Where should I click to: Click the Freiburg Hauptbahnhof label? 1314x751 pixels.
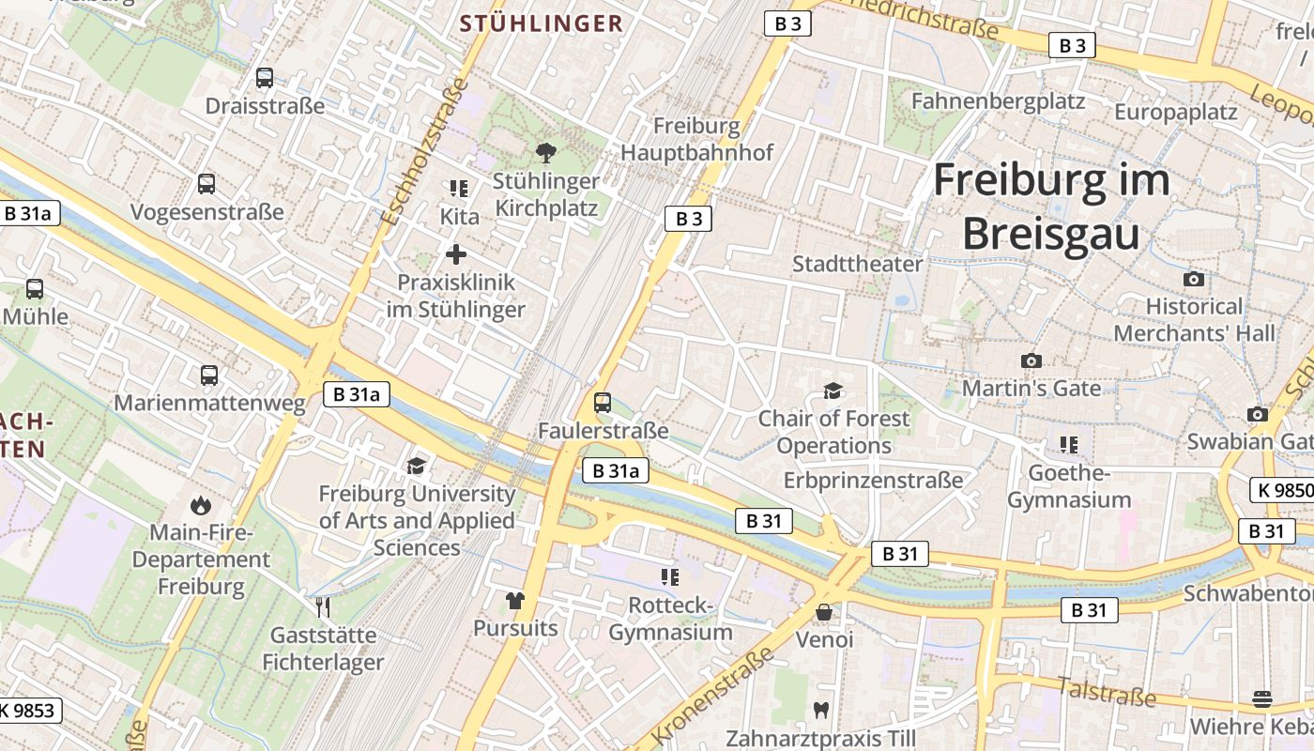click(696, 139)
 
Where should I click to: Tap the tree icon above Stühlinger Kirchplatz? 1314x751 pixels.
click(545, 152)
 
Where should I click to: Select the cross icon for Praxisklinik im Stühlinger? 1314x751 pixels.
click(456, 254)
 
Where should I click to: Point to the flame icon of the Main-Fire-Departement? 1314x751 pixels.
click(200, 506)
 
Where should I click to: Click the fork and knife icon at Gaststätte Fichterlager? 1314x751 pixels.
click(323, 607)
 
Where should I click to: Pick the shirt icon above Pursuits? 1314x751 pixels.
click(514, 600)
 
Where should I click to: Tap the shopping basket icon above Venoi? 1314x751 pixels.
click(824, 612)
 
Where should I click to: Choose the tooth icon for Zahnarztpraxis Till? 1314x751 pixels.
click(821, 711)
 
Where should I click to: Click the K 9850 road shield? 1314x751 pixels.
click(1282, 490)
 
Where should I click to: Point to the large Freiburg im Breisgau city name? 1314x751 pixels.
click(1051, 207)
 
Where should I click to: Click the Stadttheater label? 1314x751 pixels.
click(858, 264)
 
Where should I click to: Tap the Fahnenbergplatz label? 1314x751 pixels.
click(998, 101)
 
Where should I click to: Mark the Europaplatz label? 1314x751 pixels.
click(1176, 113)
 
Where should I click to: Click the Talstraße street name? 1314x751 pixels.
click(1107, 692)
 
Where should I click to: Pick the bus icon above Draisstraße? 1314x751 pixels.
click(265, 78)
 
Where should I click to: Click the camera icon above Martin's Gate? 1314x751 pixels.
click(1031, 360)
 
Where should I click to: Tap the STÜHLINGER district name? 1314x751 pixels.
click(542, 24)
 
